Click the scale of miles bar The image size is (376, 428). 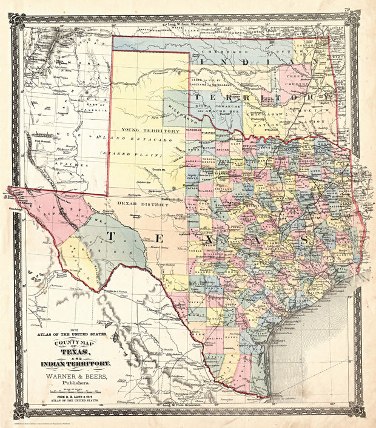click(x=73, y=393)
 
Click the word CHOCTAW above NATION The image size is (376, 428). click(x=313, y=113)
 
